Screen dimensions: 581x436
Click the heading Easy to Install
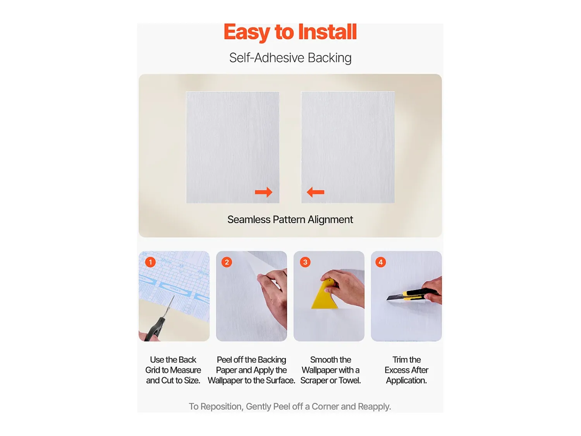[x=290, y=32]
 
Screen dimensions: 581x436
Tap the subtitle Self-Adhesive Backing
[x=290, y=58]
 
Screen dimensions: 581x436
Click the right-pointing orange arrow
[x=263, y=192]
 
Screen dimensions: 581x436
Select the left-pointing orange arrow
[x=315, y=192]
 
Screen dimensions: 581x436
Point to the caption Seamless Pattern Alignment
[x=290, y=220]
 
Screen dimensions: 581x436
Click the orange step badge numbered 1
[x=150, y=262]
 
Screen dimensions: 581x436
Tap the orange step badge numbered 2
[x=227, y=262]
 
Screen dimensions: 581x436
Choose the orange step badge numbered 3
[x=305, y=262]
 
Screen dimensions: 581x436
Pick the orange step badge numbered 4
[x=381, y=262]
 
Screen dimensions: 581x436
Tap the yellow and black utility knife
[x=412, y=294]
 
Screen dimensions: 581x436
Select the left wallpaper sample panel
[x=233, y=148]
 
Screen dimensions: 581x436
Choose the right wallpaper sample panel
[x=348, y=148]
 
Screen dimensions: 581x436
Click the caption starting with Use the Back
[x=173, y=370]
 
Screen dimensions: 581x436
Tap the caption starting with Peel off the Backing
[x=251, y=370]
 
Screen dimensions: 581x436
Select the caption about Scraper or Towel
[x=331, y=370]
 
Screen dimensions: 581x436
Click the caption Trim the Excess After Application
[x=406, y=370]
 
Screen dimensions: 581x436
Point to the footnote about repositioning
[x=290, y=407]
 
